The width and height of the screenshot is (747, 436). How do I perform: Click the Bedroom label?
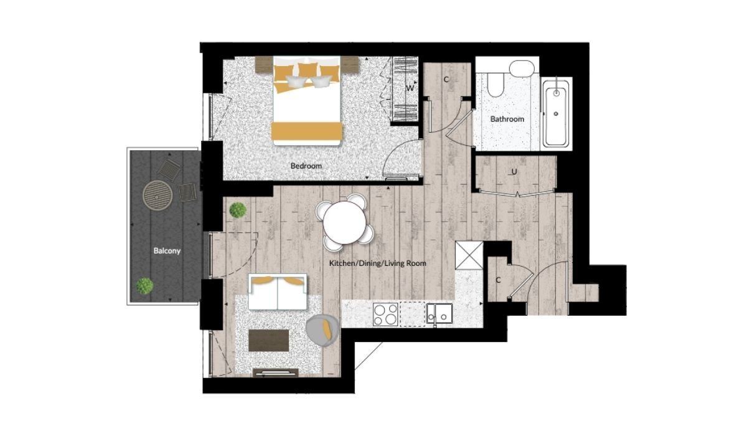[306, 166]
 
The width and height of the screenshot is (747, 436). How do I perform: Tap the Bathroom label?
[507, 119]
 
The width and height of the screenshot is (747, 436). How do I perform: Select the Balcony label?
[167, 250]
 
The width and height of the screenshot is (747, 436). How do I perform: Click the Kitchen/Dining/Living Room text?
[377, 263]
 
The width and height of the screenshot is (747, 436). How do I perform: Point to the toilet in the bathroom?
[495, 85]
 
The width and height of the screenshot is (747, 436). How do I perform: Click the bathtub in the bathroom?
[556, 114]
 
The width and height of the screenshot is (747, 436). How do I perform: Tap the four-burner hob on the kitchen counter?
[385, 315]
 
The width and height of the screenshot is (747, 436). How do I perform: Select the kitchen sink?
[439, 313]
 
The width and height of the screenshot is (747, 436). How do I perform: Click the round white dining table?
[344, 222]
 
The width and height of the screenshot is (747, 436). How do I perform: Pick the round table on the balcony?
[157, 195]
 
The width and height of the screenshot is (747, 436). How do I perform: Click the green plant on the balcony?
[144, 287]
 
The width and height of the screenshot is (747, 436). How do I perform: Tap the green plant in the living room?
[238, 210]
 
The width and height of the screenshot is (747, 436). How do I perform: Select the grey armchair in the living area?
[322, 330]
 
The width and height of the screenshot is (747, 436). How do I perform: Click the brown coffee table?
[269, 340]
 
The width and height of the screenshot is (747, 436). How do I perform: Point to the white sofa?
[278, 292]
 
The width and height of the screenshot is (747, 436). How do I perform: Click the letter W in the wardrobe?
[410, 88]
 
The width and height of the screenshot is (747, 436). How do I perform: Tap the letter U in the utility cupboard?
[514, 172]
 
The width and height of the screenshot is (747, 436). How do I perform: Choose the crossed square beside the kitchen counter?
[469, 255]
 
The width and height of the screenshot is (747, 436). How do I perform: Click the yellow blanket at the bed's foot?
[307, 131]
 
